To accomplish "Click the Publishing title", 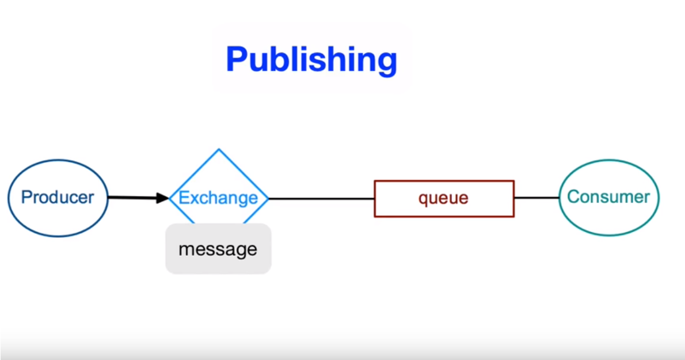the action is click(x=311, y=60).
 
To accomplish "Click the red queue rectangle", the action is click(x=444, y=181).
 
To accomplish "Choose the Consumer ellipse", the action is click(x=609, y=160).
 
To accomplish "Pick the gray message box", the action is click(x=218, y=249).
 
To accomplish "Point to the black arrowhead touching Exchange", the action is click(x=162, y=198).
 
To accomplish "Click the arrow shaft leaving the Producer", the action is click(x=132, y=198).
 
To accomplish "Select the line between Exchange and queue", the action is click(x=322, y=199).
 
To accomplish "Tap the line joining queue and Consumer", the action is click(x=537, y=198).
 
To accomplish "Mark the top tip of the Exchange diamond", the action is click(x=219, y=149).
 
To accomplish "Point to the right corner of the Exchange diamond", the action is click(x=268, y=199).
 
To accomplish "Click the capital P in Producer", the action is click(x=26, y=197).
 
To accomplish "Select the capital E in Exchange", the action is click(x=184, y=198).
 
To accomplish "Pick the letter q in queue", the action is click(x=424, y=200).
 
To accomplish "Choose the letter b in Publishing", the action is click(x=285, y=59).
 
